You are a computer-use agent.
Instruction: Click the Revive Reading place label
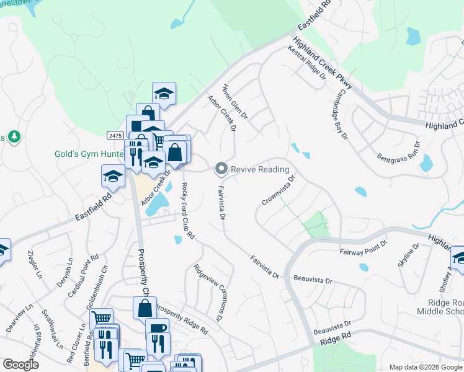(260, 169)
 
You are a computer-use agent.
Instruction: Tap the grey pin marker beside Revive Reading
(220, 169)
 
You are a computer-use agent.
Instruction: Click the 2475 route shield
(114, 135)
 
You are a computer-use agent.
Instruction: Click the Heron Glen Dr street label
(235, 103)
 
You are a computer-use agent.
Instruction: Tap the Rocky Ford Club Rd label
(189, 211)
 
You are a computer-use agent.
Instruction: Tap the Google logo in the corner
(20, 365)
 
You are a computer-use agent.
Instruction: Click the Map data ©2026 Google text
(426, 367)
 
